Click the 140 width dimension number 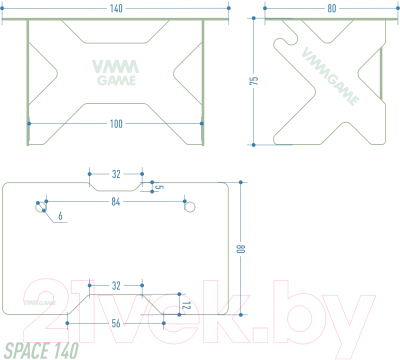click(x=116, y=7)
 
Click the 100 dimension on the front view click(x=116, y=123)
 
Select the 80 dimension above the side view click(x=331, y=7)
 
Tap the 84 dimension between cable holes click(x=116, y=202)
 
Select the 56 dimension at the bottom click(x=116, y=323)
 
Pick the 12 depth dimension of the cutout click(x=185, y=304)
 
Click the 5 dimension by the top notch click(x=159, y=187)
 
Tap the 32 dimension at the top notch click(x=116, y=173)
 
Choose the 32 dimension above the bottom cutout click(x=116, y=285)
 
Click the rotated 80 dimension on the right click(x=240, y=250)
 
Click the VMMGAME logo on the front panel click(x=117, y=73)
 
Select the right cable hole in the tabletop click(x=189, y=208)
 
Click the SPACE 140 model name click(x=41, y=349)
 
